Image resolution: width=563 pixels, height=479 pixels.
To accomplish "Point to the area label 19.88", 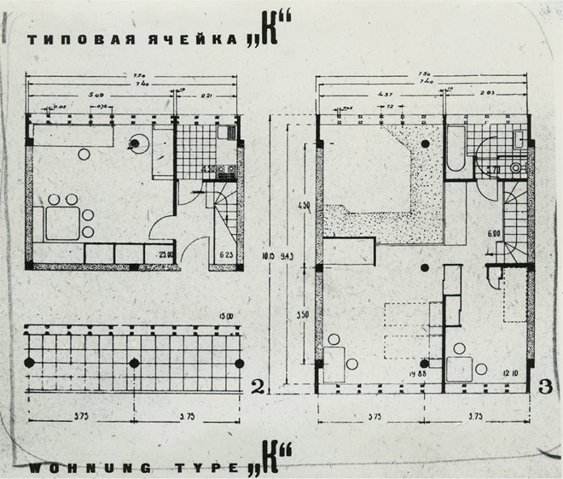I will coord(419,373).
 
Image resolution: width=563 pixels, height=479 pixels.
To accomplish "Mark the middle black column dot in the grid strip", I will coord(133,363).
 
